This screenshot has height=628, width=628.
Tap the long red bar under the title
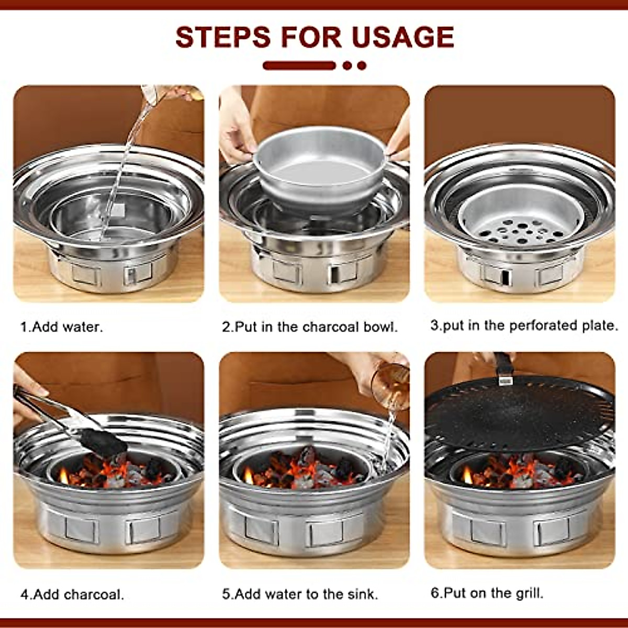(x=299, y=65)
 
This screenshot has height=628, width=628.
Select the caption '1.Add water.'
(x=62, y=327)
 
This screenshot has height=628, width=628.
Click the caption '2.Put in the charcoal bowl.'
(x=309, y=327)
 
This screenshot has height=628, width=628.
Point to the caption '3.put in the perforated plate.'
(x=524, y=326)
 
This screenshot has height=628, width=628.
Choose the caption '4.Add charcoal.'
(x=72, y=595)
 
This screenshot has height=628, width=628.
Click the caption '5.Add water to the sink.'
(x=300, y=594)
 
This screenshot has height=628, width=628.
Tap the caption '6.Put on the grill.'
(x=487, y=593)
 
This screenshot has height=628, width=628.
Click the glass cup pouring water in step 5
(x=390, y=385)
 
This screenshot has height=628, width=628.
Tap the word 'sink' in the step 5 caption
(x=362, y=594)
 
